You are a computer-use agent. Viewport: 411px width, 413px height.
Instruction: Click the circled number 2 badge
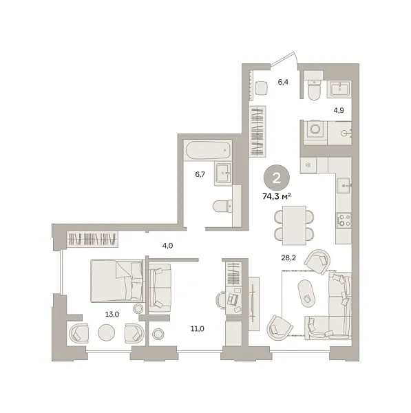click(277, 178)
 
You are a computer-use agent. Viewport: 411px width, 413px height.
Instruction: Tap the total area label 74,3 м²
click(277, 196)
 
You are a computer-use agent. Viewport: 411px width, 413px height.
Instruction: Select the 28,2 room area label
click(288, 258)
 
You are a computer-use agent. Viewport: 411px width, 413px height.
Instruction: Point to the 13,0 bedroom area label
click(112, 314)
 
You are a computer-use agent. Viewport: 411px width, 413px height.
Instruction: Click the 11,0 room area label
click(198, 329)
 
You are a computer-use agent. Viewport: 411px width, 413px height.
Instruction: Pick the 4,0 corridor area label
click(167, 246)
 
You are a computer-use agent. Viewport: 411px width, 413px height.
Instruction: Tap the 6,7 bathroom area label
click(200, 174)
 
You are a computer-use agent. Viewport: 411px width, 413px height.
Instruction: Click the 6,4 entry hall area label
click(283, 82)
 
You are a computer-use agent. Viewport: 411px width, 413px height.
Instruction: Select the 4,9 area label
click(339, 110)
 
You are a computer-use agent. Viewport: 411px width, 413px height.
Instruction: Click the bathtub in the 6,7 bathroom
click(208, 150)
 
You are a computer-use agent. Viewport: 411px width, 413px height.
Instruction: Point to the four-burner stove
click(344, 220)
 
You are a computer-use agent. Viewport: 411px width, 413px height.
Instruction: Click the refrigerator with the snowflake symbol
click(308, 165)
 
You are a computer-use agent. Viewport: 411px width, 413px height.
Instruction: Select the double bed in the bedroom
click(117, 281)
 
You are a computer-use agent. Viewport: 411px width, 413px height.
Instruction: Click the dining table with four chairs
click(294, 225)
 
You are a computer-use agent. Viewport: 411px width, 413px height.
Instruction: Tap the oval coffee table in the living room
click(306, 293)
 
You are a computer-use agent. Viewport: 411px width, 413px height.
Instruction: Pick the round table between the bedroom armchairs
click(107, 332)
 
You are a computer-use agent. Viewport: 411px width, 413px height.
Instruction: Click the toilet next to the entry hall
click(315, 89)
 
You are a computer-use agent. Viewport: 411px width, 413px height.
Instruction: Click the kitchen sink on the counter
click(344, 185)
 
